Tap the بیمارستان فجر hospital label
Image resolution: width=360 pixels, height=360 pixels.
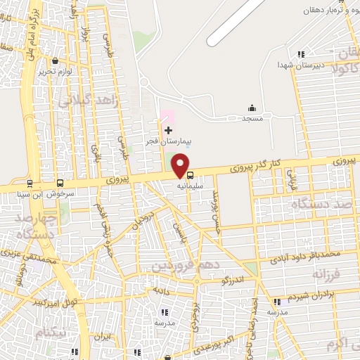point(165,141)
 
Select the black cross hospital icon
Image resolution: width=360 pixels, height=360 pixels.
point(168,130)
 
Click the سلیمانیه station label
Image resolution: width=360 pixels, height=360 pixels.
point(191,187)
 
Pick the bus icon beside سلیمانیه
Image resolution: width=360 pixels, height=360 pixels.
point(191,175)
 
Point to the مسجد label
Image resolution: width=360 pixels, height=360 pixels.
point(252,119)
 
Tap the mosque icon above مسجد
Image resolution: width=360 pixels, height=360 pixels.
point(252,108)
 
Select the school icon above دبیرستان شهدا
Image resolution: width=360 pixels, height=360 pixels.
point(301,54)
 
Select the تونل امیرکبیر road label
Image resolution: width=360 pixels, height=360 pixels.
point(55,301)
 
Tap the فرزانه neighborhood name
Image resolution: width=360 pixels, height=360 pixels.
point(328,272)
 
